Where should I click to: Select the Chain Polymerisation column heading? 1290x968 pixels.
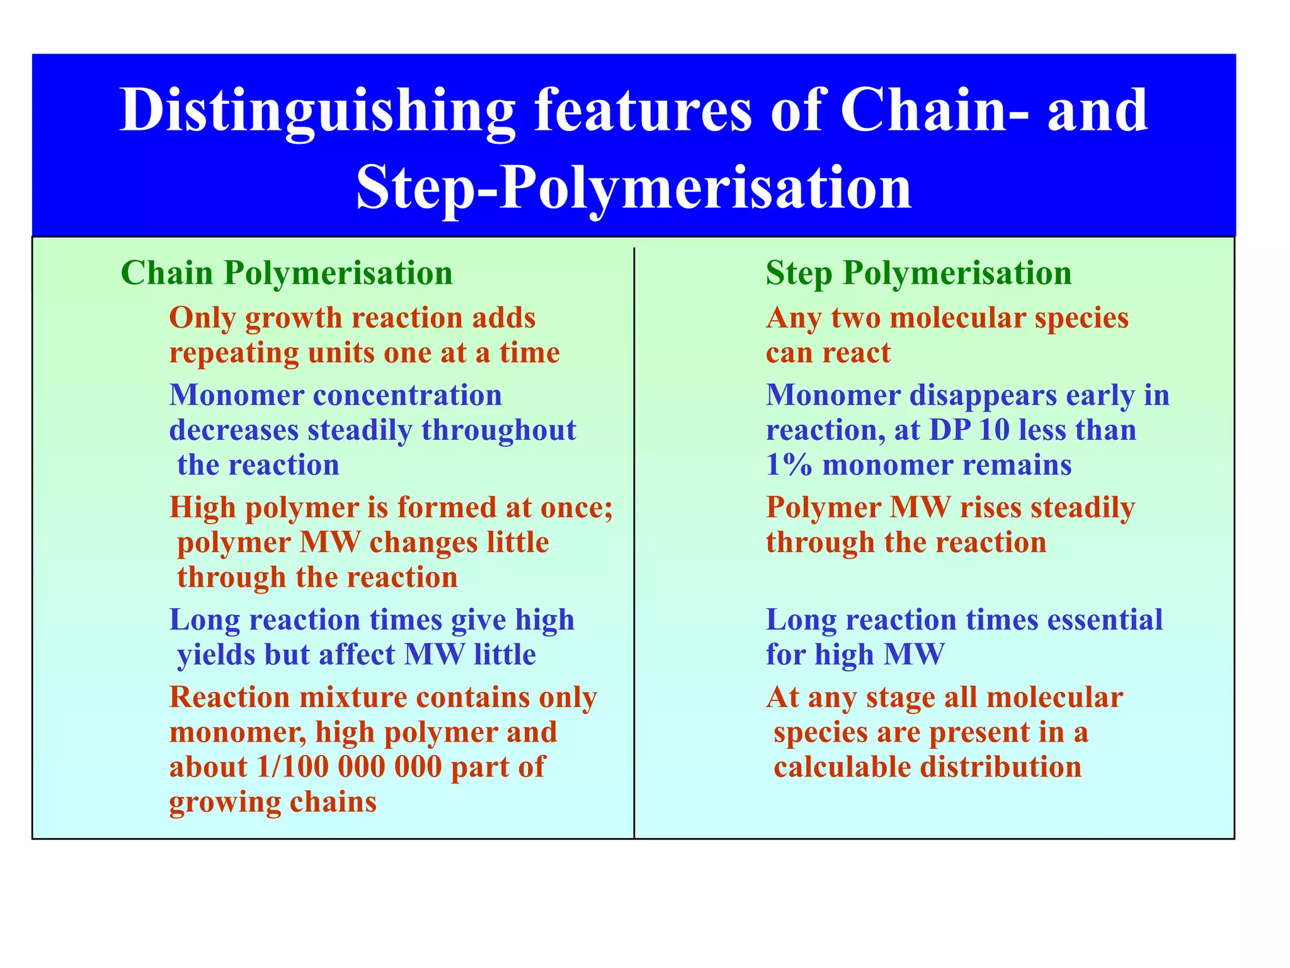[x=287, y=274]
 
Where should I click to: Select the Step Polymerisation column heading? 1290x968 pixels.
[x=918, y=274]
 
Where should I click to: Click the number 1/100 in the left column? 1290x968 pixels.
[x=293, y=767]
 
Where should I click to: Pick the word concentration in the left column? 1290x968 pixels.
[x=408, y=396]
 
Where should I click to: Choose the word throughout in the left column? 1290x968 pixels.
[x=499, y=430]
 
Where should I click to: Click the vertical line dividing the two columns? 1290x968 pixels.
[x=634, y=542]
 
